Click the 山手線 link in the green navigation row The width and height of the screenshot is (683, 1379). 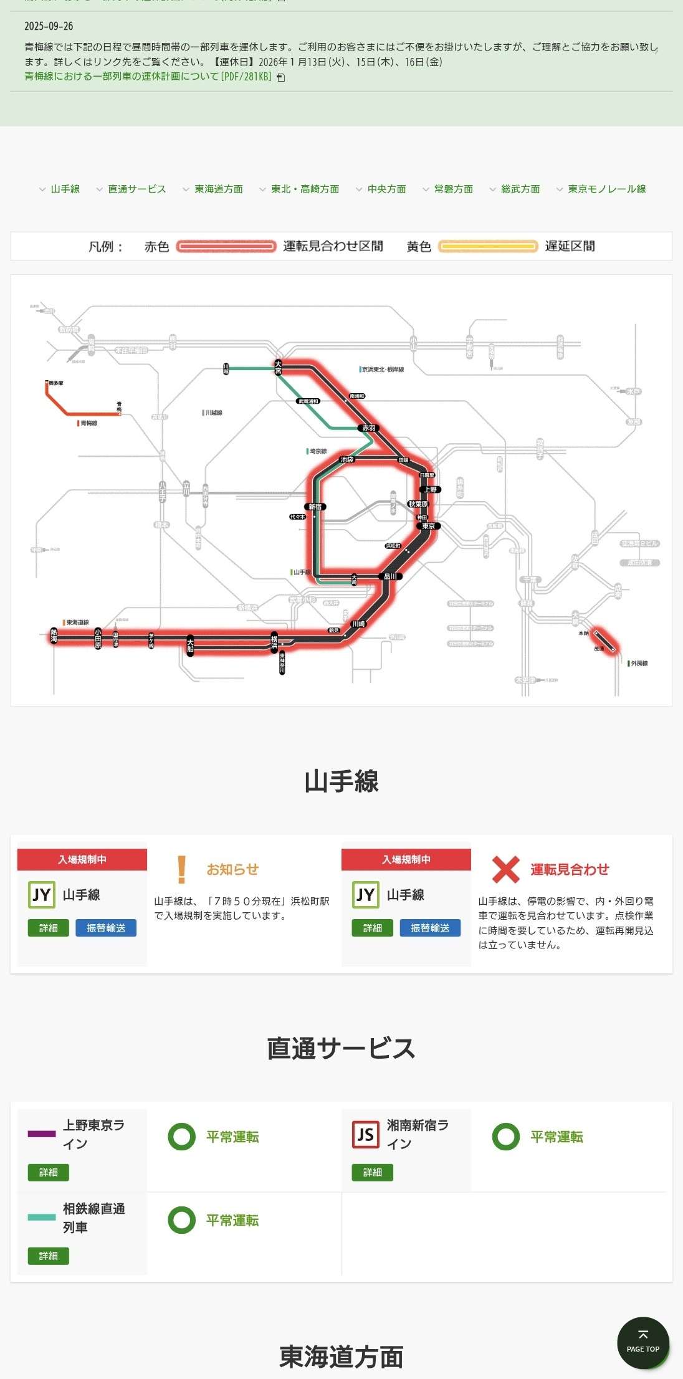pos(65,189)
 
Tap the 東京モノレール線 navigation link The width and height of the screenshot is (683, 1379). pos(606,189)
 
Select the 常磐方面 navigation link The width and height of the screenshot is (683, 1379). pos(453,189)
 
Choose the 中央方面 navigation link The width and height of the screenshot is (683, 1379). pos(386,189)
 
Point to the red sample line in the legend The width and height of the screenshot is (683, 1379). pos(226,246)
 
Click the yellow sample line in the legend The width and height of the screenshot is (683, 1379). pos(488,246)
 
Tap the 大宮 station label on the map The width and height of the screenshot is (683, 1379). pos(278,366)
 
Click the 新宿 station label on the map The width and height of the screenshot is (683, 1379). pos(315,507)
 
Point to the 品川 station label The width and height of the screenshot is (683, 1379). pos(391,576)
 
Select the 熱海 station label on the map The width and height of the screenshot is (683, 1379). pos(54,636)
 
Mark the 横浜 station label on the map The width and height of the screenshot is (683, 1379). pos(274,642)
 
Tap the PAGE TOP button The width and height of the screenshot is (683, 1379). pos(642,1343)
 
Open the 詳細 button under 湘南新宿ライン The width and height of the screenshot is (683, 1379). pos(372,1172)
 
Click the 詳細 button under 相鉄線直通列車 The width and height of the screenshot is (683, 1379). pos(48,1256)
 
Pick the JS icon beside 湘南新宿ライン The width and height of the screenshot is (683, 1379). pos(365,1135)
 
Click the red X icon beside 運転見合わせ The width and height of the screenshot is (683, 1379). pos(505,869)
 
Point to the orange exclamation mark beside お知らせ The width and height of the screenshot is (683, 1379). pos(181,869)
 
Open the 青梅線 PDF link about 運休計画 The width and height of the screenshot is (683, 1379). pos(148,77)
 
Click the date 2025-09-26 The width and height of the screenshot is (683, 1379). pos(49,26)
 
